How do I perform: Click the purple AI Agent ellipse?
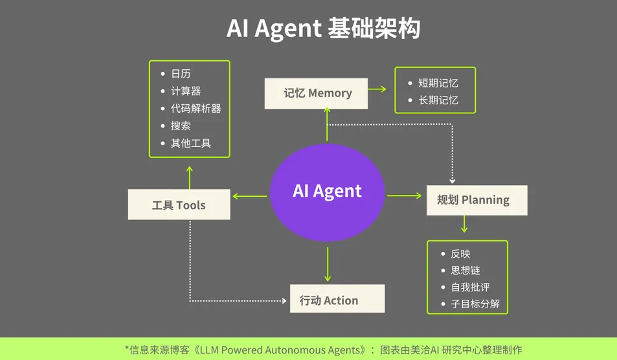point(327,192)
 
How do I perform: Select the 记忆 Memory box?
point(317,93)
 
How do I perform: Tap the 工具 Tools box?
point(179,205)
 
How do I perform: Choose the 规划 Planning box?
point(477,200)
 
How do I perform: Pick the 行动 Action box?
point(337,300)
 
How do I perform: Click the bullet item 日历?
point(181,74)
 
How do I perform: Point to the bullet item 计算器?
point(186,91)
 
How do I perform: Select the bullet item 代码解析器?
point(196,108)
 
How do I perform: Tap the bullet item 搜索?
point(181,126)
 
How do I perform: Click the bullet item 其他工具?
point(190,143)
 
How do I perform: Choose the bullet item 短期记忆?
point(438,83)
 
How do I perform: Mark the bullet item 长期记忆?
point(438,100)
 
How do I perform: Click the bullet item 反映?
point(460,254)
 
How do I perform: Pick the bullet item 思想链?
point(466,271)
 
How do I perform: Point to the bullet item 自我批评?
point(470,287)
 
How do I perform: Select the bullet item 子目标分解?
point(475,304)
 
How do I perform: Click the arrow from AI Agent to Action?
point(328,264)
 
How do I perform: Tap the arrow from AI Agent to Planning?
point(405,196)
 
